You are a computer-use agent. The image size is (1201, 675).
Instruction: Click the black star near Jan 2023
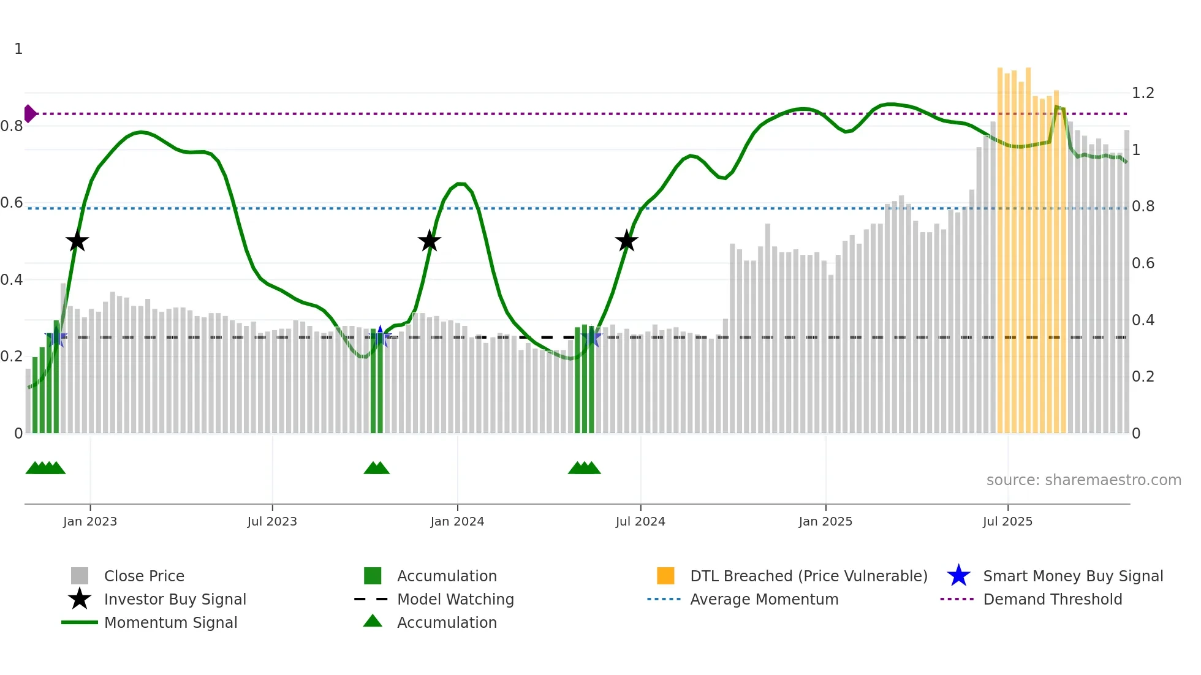coord(77,241)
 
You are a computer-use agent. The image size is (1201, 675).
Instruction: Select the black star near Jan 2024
coord(430,241)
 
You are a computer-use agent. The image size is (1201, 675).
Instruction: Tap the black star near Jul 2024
coord(626,241)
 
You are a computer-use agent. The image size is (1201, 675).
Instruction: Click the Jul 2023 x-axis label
coord(272,521)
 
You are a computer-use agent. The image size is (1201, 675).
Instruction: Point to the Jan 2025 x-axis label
coord(825,521)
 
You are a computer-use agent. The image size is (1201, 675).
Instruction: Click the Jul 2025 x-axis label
coord(1007,521)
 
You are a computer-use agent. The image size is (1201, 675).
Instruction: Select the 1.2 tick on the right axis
coord(1143,93)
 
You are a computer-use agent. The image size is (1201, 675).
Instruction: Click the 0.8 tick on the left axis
coord(12,126)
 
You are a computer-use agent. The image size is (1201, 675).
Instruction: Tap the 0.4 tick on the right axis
coord(1143,320)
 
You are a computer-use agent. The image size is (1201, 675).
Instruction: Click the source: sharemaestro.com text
coord(1083,480)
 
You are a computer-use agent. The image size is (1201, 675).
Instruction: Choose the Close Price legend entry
coord(143,576)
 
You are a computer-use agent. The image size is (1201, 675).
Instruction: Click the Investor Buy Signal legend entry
coord(175,599)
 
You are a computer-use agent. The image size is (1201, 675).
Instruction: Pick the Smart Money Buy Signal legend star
coord(958,576)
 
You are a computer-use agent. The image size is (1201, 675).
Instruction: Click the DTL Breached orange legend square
coord(665,576)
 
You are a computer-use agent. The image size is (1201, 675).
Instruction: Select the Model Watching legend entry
coord(455,599)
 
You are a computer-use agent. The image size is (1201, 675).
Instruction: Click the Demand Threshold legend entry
coord(1052,599)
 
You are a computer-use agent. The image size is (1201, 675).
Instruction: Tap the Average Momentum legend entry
coord(763,599)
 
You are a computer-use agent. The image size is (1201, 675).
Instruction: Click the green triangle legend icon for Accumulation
coord(373,621)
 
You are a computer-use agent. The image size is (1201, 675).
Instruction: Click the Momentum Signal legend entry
coord(170,622)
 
